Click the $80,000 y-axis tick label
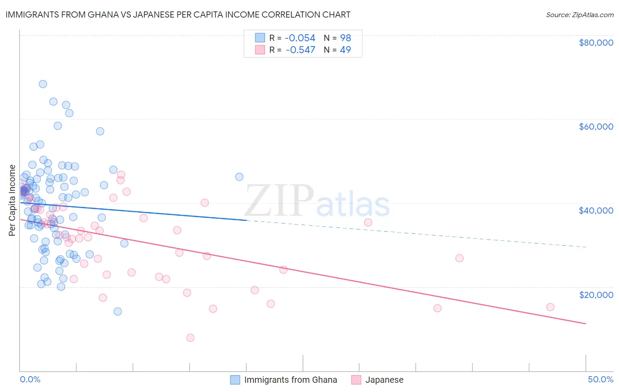(x=596, y=43)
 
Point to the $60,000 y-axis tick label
(x=596, y=127)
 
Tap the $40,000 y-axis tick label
(x=596, y=211)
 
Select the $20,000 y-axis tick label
(x=596, y=294)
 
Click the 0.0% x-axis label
(x=30, y=379)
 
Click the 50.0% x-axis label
(x=600, y=379)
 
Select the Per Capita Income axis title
(x=12, y=200)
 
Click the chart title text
(x=178, y=15)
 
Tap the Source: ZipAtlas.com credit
(x=579, y=15)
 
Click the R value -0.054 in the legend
(x=300, y=38)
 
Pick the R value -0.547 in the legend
(x=300, y=50)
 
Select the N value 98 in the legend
(x=345, y=38)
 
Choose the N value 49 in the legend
(x=345, y=50)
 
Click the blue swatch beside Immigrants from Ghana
(x=236, y=380)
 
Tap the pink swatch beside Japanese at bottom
(x=356, y=380)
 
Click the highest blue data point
(x=43, y=84)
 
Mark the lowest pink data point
(x=190, y=338)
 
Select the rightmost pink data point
(x=550, y=307)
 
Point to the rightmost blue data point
(x=239, y=177)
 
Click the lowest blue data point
(x=118, y=311)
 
